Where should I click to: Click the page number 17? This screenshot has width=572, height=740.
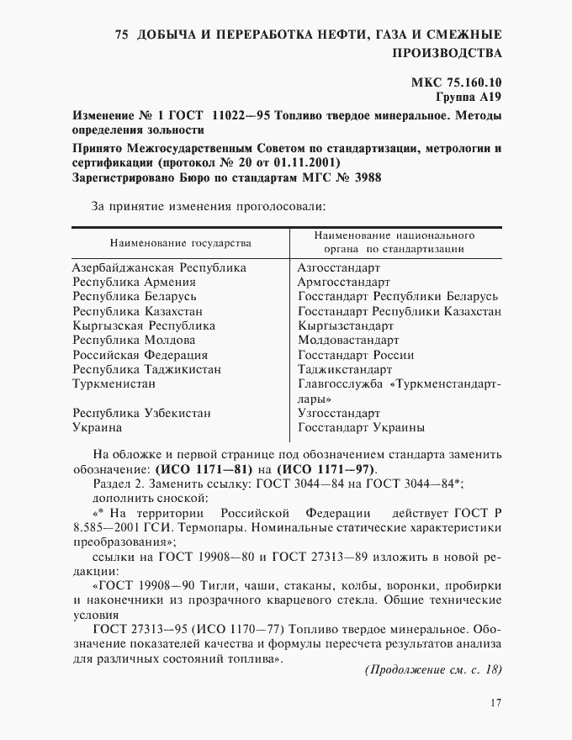point(495,703)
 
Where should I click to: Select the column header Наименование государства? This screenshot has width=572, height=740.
point(181,243)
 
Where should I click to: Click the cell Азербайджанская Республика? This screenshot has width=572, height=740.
point(160,267)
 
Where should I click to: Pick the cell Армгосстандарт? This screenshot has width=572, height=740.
point(344,282)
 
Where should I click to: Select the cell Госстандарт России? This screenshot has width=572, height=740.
point(356,355)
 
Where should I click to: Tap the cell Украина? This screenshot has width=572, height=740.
point(98,428)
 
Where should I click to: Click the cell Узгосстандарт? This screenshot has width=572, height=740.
point(339,414)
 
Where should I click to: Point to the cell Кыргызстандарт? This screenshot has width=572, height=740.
point(347,325)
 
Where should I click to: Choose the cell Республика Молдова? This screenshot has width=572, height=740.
point(134,341)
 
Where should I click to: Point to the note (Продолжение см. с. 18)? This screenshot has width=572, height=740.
point(432,669)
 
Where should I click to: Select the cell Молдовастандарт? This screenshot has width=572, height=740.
point(348,341)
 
